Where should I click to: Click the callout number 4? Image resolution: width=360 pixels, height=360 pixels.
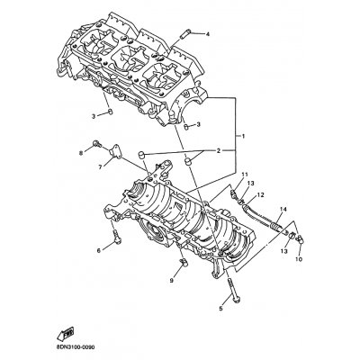tap(207, 34)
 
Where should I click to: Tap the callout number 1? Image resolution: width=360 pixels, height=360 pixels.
tap(244, 137)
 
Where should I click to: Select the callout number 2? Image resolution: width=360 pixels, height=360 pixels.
tap(219, 151)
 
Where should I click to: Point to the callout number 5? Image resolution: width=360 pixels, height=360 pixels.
tap(220, 308)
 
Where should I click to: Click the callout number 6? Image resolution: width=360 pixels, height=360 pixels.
tap(99, 251)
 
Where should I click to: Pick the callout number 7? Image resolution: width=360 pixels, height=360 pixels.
tap(100, 167)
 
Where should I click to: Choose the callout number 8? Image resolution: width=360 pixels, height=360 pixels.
tap(80, 154)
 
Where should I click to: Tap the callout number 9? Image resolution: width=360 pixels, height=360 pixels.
tap(171, 281)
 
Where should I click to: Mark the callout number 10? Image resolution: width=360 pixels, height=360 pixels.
tap(300, 259)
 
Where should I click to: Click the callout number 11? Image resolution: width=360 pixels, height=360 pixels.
tap(245, 175)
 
